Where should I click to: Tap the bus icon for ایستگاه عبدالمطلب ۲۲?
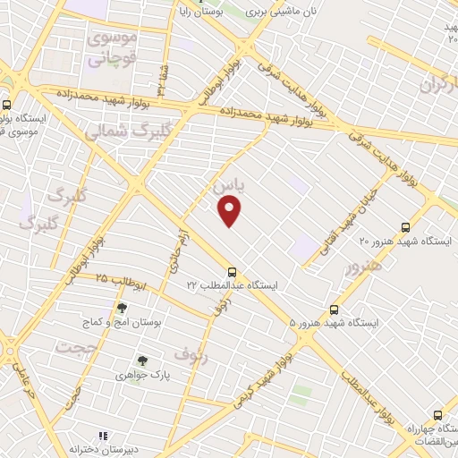[x=233, y=271]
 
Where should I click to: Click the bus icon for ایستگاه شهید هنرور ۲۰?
[x=406, y=227]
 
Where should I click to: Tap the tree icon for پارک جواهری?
[x=140, y=360]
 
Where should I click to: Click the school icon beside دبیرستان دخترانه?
[x=103, y=436]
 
